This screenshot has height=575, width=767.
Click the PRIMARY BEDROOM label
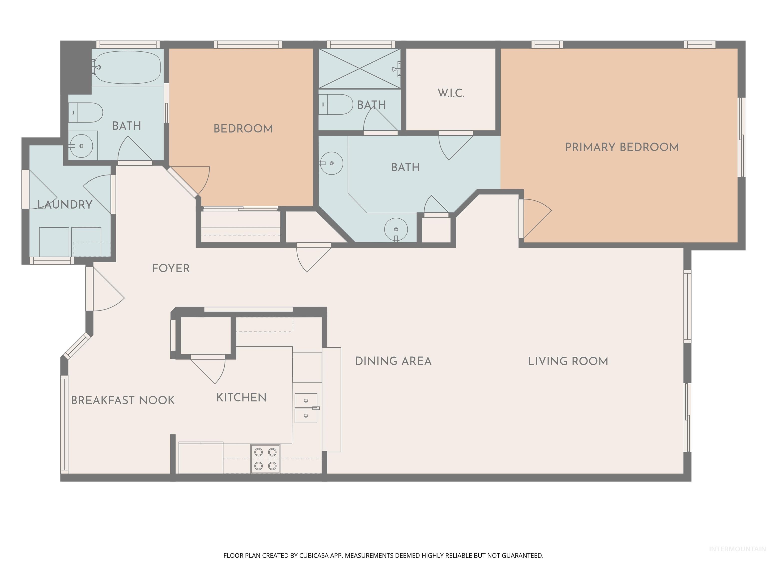coord(622,147)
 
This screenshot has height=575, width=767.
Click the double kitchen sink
coord(306,408)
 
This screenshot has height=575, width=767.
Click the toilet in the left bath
coord(87,112)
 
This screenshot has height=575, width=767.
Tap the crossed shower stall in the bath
coord(360,69)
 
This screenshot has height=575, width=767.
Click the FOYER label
coord(171,268)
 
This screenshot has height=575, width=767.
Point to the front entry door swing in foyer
coord(106,291)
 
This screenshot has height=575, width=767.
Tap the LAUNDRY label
coord(65,204)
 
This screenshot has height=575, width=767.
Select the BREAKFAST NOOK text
coord(123,400)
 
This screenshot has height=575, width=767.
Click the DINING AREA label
coord(393,361)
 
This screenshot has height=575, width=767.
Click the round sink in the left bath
coord(81,146)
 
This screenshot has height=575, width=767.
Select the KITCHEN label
coord(241,398)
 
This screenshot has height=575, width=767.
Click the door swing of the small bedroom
coord(194,180)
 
